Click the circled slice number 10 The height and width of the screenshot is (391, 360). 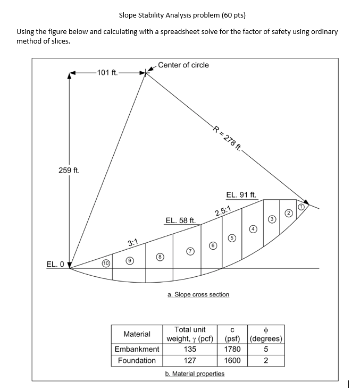(x=106, y=263)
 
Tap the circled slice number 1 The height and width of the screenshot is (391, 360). (x=301, y=206)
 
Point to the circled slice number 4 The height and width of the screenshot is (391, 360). (x=254, y=229)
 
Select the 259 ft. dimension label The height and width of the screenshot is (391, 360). (x=69, y=171)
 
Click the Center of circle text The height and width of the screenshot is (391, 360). (x=183, y=65)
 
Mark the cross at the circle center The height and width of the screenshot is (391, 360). (x=146, y=73)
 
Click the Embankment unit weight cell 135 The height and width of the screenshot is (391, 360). (x=190, y=349)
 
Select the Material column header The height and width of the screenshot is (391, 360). (x=137, y=334)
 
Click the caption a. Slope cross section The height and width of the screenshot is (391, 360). (x=198, y=294)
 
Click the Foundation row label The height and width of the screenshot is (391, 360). (x=137, y=360)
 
